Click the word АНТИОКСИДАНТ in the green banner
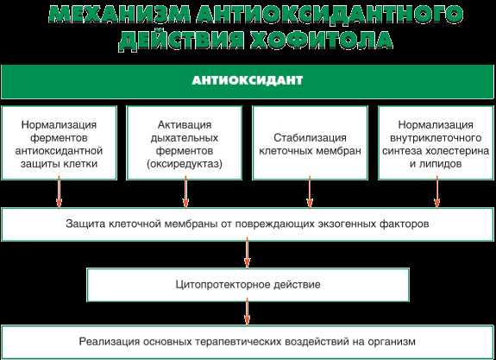[247, 80]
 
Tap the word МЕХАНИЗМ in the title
[120, 15]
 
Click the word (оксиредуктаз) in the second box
[185, 164]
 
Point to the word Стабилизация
[310, 138]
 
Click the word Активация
[185, 125]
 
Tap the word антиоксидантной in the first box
[59, 151]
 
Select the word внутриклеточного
[436, 138]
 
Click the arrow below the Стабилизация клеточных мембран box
[310, 192]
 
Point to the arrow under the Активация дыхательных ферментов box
[185, 192]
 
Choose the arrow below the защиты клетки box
[59, 192]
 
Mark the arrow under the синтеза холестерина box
[437, 192]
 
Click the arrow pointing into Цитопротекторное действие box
[248, 253]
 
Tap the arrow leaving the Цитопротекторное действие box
[248, 312]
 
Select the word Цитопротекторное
[222, 284]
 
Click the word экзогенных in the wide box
[343, 224]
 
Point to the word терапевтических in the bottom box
[240, 342]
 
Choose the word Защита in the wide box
[85, 224]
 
